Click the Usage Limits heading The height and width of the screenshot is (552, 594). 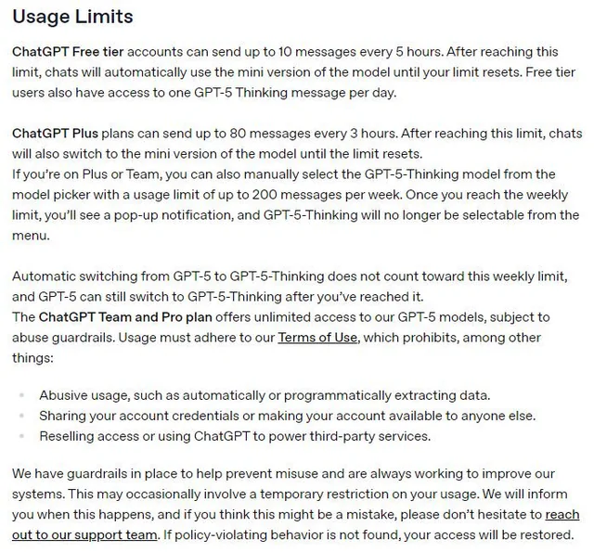72,17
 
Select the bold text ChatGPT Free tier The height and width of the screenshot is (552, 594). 70,51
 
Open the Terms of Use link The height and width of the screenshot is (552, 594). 316,338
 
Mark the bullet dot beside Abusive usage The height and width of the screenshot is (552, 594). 21,395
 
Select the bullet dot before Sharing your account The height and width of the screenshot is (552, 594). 21,416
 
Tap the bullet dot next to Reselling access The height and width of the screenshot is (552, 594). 21,436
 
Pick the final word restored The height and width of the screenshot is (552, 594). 547,535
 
